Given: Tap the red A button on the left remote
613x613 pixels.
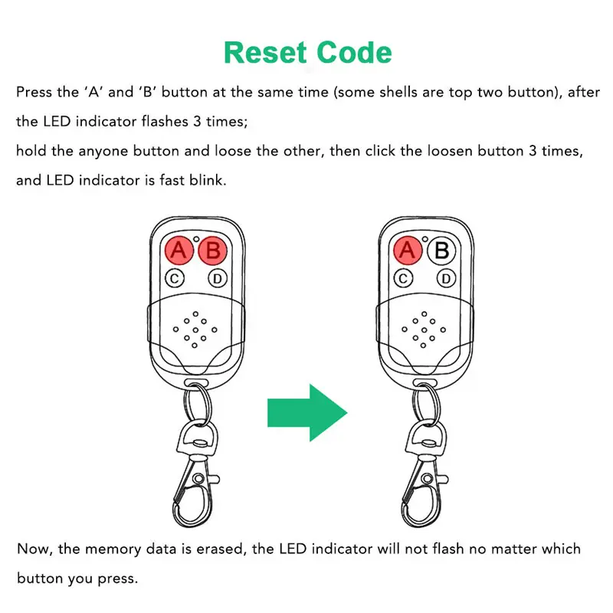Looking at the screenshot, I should [x=178, y=250].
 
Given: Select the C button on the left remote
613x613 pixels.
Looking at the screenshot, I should [x=175, y=278].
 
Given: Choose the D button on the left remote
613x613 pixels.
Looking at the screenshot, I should [x=218, y=278].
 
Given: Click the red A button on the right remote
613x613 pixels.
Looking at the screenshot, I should [x=408, y=250].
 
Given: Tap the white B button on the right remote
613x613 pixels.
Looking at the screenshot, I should [x=442, y=250].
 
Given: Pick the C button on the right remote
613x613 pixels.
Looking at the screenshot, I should [x=405, y=278].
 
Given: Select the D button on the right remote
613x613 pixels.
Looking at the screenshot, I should [x=447, y=278].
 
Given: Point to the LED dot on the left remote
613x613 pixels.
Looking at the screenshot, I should [x=197, y=239].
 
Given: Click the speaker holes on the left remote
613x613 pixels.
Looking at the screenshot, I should [x=196, y=330].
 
